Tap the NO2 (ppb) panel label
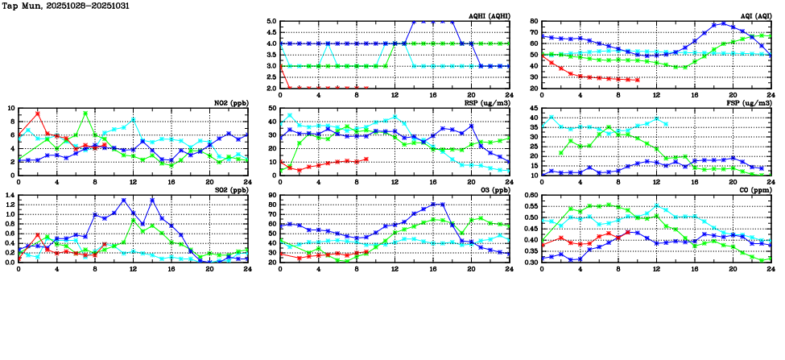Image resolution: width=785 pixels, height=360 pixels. pos(232,102)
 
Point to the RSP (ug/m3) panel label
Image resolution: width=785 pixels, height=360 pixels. pos(488,102)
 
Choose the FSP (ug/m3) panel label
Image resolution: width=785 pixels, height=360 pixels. pos(750,102)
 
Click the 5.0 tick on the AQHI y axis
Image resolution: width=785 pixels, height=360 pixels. pos(271,22)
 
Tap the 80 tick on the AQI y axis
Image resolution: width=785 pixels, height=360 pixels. pos(534,22)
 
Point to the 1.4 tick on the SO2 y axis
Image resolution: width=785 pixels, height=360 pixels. pos(10,195)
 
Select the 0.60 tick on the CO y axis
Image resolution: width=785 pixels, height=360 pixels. pos(530,195)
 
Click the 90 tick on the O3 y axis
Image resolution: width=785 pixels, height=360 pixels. pos(272,195)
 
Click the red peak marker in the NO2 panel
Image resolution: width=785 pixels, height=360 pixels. pos(37,113)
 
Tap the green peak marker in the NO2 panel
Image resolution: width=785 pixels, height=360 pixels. pos(85,113)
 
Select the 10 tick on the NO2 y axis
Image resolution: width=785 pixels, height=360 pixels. pos(10,108)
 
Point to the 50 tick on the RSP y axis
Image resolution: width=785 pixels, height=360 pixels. pos(272,108)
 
